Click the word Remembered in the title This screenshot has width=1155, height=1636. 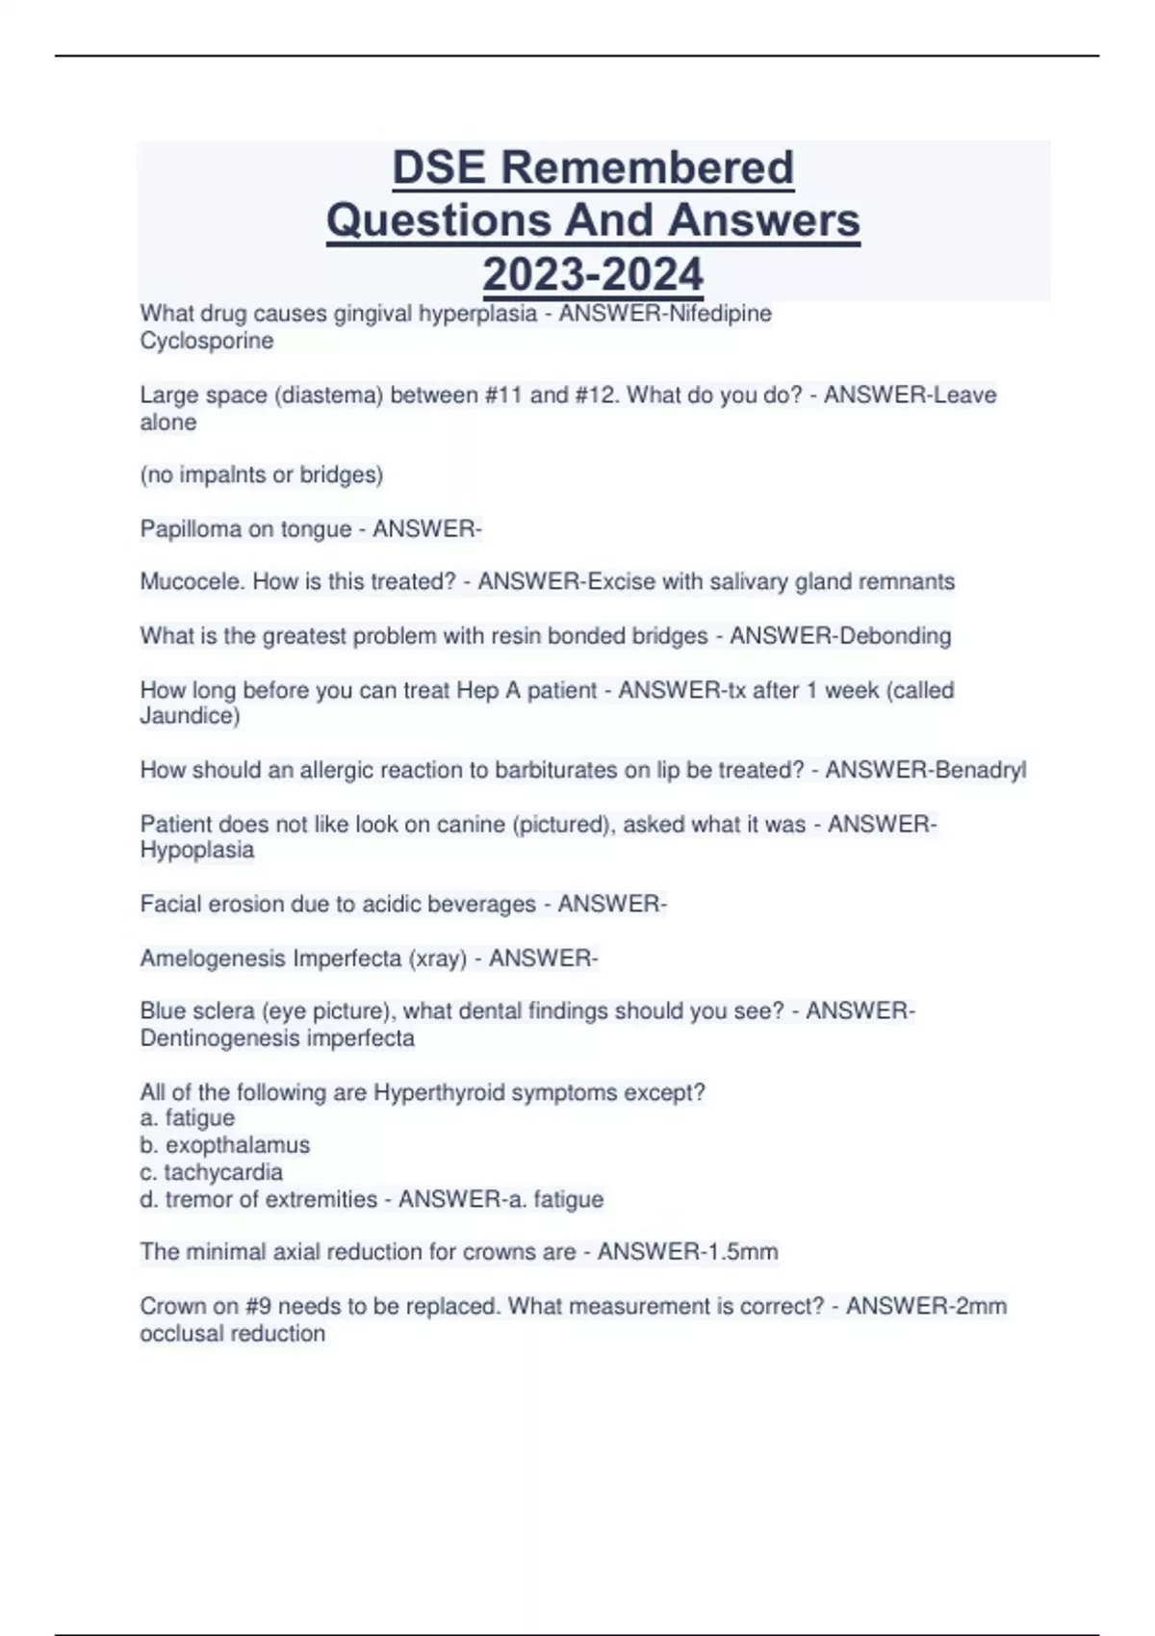click(647, 167)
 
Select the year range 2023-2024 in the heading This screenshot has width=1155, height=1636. click(593, 274)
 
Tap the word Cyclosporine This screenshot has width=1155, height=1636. click(206, 341)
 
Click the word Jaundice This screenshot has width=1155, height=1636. click(187, 716)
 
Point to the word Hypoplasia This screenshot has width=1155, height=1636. click(197, 850)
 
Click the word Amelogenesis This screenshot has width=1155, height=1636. click(213, 959)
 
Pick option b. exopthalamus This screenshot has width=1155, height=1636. click(225, 1145)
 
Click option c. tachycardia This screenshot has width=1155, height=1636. click(212, 1172)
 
